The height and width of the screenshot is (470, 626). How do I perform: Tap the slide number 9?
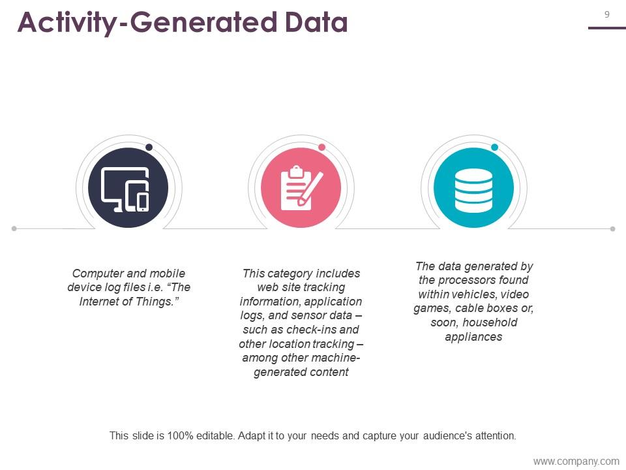click(607, 15)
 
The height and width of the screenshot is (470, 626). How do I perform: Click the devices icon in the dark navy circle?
click(125, 189)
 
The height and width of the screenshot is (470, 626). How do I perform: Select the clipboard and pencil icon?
click(301, 188)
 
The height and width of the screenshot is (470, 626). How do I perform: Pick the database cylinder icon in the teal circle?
click(473, 190)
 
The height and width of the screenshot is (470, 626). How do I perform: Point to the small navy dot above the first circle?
click(149, 147)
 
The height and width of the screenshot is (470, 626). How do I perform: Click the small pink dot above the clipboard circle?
click(321, 147)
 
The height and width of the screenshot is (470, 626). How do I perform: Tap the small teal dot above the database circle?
click(495, 147)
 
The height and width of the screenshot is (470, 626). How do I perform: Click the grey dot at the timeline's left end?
click(14, 228)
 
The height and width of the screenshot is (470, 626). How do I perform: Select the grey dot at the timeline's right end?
click(613, 228)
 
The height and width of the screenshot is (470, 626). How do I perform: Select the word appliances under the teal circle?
click(473, 337)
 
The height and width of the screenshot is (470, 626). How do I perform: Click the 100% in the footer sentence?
click(181, 435)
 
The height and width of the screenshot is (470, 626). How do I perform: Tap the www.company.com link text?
click(576, 462)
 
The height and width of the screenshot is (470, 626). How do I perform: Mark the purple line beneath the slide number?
click(607, 28)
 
